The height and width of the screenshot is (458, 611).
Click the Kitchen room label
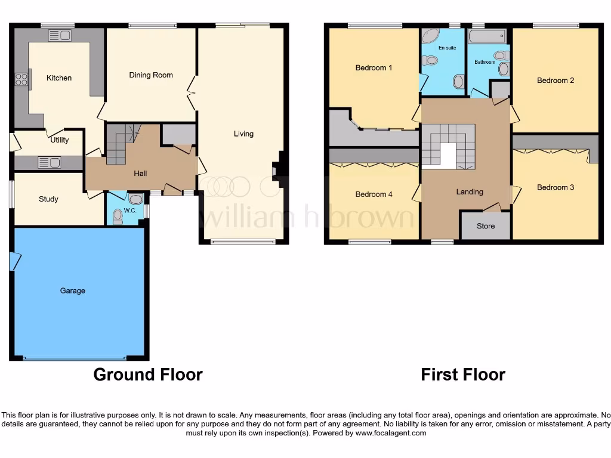pos(59,78)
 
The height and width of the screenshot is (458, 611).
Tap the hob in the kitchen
pos(21,79)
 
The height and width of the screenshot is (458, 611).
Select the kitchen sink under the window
pos(61,35)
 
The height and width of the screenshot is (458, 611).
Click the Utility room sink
pos(48,162)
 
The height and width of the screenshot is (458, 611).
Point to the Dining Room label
pos(151,75)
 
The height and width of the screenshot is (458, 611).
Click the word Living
pos(243,134)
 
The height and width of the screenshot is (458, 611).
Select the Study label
pos(48,199)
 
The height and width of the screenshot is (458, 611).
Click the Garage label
pos(72,291)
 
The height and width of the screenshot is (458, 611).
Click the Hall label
pos(140,174)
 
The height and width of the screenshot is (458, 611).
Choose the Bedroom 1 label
pos(374,68)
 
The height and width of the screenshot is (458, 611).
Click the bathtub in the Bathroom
pos(487,38)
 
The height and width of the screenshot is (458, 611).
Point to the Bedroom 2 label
pos(555,81)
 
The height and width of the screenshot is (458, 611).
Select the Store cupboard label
pos(485,227)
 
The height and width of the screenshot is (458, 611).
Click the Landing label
pos(470,192)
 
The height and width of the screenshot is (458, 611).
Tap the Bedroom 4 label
pos(374,194)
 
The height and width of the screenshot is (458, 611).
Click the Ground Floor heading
pos(148,375)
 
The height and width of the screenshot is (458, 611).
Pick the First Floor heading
pos(462,375)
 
